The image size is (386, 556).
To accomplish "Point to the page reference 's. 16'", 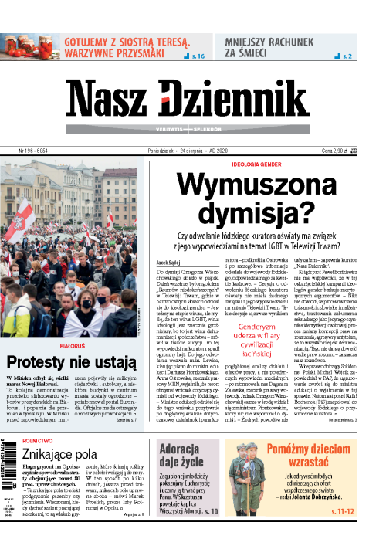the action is [195, 56].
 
